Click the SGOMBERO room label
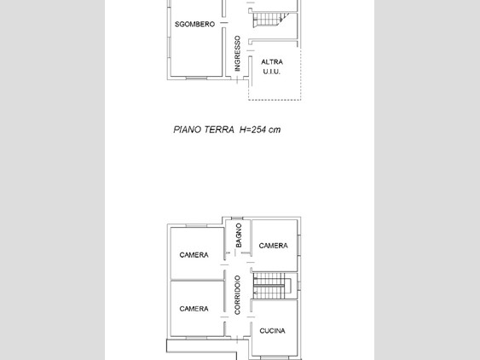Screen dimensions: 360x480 pos(194,24)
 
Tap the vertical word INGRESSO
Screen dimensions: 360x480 pos(237,53)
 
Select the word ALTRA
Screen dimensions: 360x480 pos(272,61)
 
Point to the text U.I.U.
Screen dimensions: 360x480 pos(272,72)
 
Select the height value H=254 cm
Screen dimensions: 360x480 pos(260,130)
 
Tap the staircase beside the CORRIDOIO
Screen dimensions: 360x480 pos(273,286)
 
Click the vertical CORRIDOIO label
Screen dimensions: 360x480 pos(237,295)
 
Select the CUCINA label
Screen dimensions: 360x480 pos(273,331)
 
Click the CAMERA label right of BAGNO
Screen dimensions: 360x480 pos(273,246)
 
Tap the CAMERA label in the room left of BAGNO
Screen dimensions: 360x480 pos(194,255)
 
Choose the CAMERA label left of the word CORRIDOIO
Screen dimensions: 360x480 pos(194,309)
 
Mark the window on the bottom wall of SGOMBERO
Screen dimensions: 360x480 pos(196,78)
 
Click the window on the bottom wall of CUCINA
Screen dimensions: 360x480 pos(274,356)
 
